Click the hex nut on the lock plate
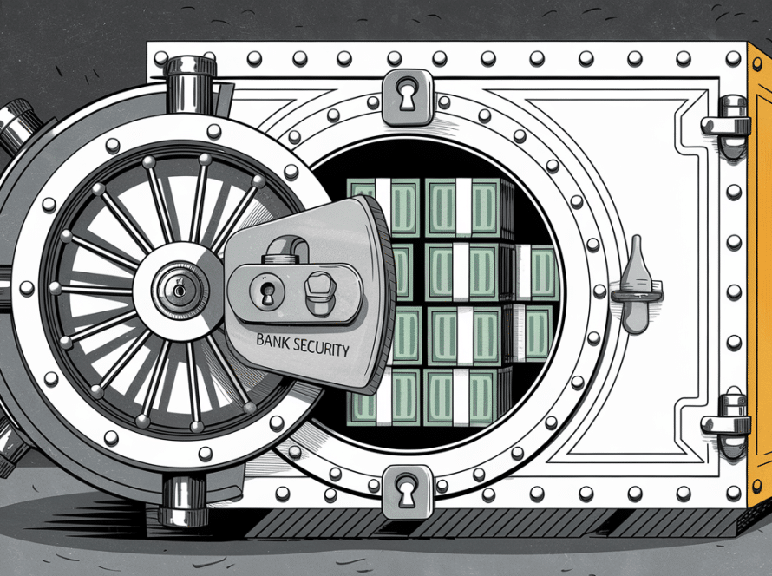click(x=317, y=291)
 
